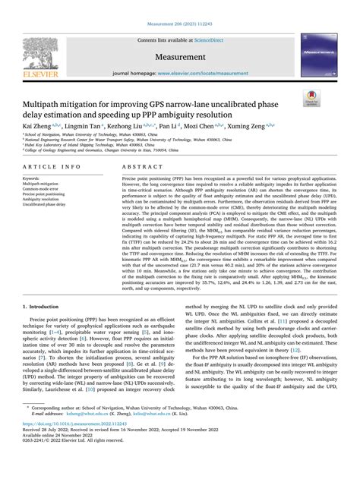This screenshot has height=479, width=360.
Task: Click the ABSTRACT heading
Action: point(139,165)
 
